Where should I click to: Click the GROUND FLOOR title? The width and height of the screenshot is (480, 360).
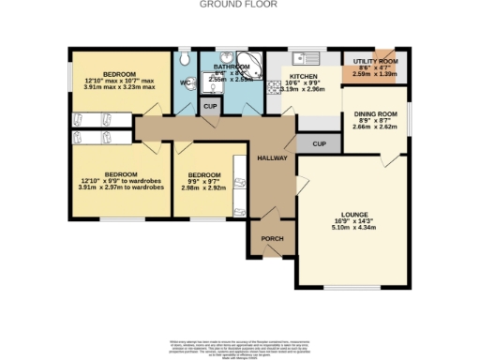click(239, 5)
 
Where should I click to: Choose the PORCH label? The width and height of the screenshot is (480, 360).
click(272, 238)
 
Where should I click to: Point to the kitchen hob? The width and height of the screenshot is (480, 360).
click(275, 87)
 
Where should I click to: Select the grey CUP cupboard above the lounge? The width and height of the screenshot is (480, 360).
click(319, 144)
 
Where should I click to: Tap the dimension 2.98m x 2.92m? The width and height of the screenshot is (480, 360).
click(203, 187)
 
